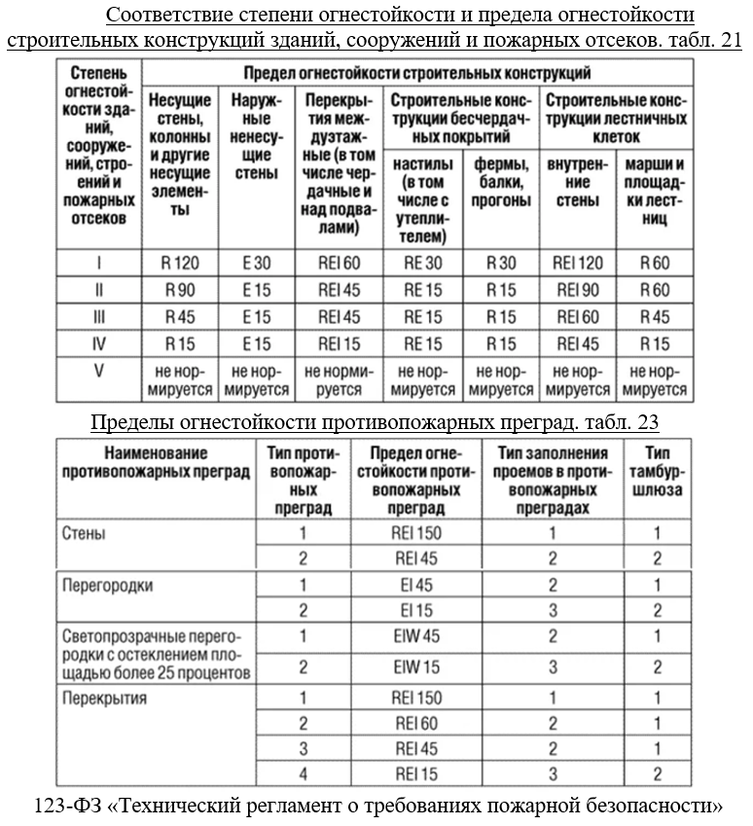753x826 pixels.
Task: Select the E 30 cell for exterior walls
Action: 257,263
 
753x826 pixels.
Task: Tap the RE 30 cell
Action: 422,263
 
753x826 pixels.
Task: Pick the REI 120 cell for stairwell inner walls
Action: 577,263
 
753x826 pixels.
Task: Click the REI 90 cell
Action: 577,290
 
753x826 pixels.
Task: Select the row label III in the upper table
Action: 98,317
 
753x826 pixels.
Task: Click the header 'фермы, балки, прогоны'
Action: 501,182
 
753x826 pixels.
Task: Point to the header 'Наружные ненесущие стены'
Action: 257,137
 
